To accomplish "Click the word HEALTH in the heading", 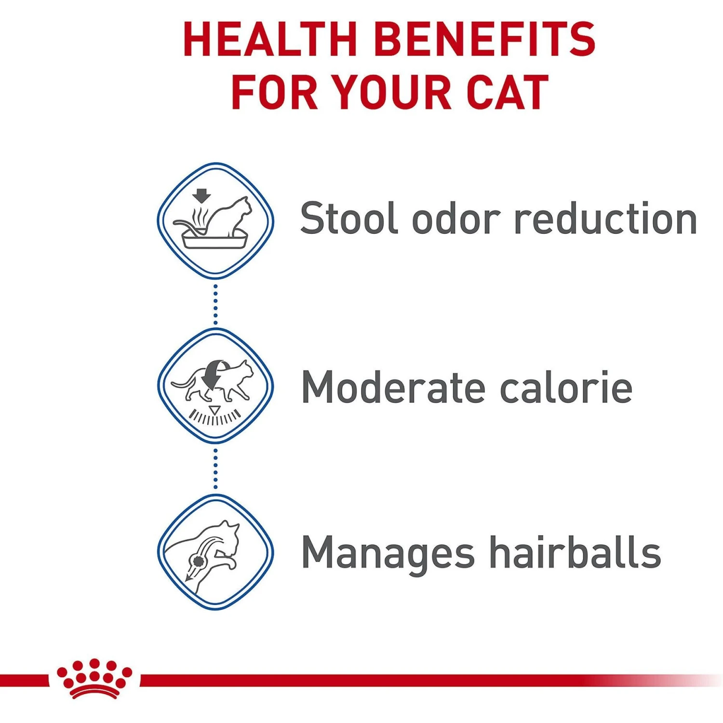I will [269, 40].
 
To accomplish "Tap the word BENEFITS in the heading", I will [485, 40].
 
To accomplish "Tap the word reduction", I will [605, 218].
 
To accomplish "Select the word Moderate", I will [393, 387].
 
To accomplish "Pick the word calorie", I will [566, 387].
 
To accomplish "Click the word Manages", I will [388, 553].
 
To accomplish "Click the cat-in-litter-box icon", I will [215, 221].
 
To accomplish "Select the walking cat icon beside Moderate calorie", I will [215, 386].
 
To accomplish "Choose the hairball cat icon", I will [215, 552].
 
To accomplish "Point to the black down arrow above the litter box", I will [201, 196].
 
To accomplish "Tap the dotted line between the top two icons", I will [215, 304].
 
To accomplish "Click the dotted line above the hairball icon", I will [215, 469].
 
